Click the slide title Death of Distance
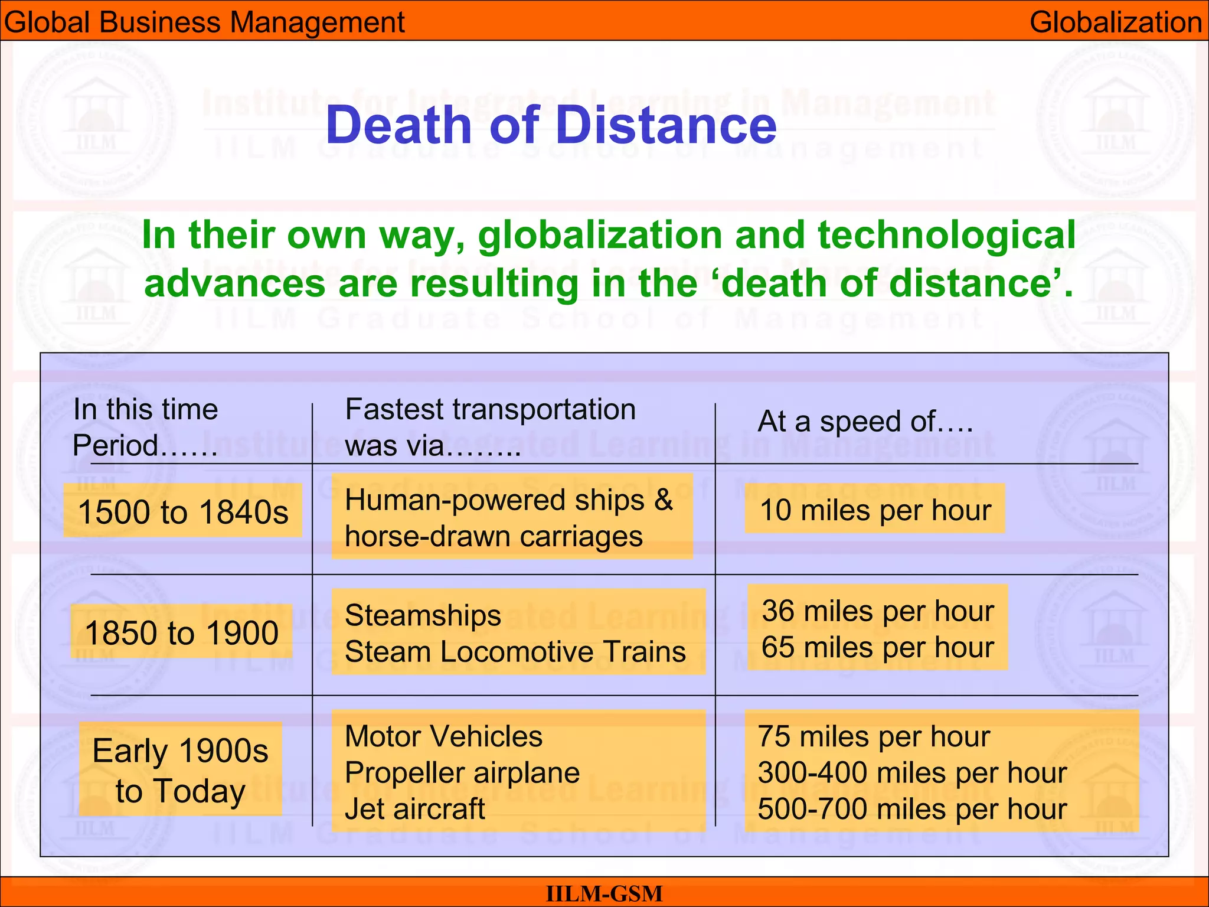(551, 125)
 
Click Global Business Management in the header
(204, 22)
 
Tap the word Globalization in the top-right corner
(1115, 22)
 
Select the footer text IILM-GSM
(604, 893)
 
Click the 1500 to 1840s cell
(183, 511)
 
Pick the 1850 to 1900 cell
(182, 632)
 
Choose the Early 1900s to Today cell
(181, 770)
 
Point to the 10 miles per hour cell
(875, 510)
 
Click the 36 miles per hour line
(878, 611)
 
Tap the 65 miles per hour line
(878, 647)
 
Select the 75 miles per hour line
(874, 736)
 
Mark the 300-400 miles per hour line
(912, 772)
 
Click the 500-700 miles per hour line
(912, 809)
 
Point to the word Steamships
(423, 615)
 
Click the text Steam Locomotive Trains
(515, 652)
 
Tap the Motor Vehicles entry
(443, 736)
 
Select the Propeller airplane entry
(462, 772)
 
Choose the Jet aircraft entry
(414, 809)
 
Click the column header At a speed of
(865, 422)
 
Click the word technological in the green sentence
(946, 235)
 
